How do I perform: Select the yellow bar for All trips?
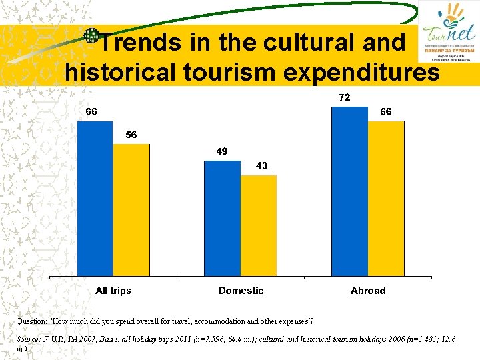(131, 210)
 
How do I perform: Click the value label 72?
(345, 97)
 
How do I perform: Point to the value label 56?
(131, 135)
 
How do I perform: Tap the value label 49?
(222, 151)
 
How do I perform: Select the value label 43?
(261, 165)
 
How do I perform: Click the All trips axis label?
(113, 291)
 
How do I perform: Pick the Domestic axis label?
(241, 291)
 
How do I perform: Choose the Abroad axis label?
(368, 291)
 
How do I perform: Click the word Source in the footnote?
(29, 339)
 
